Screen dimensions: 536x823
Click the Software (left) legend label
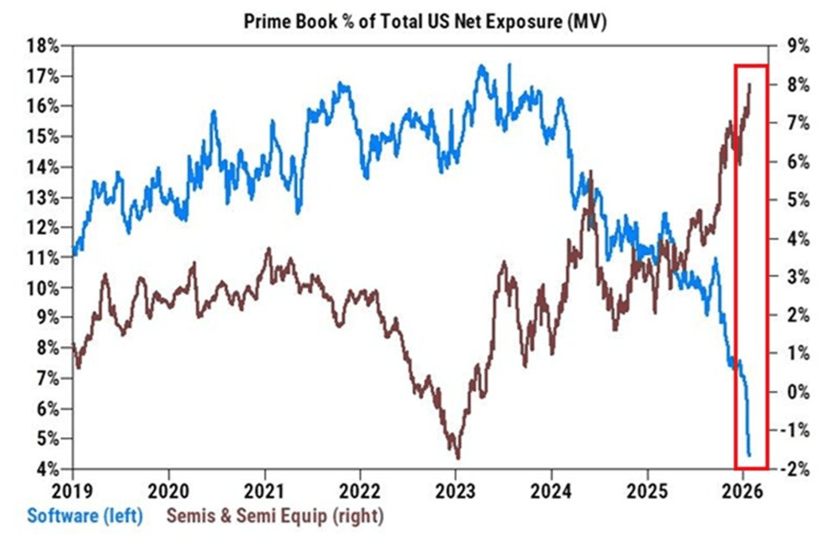pos(84,516)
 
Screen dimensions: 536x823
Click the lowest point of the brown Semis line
pos(457,458)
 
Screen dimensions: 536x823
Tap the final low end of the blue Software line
pos(750,455)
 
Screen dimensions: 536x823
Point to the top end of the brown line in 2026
pos(750,84)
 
